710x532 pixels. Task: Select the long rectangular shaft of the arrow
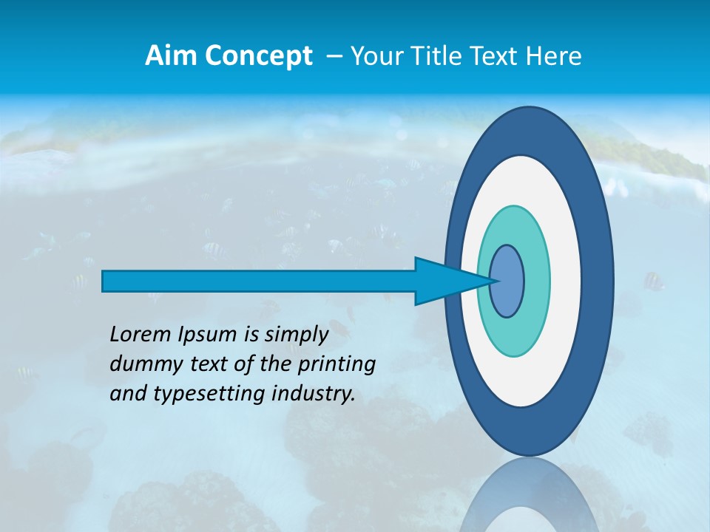(259, 281)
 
